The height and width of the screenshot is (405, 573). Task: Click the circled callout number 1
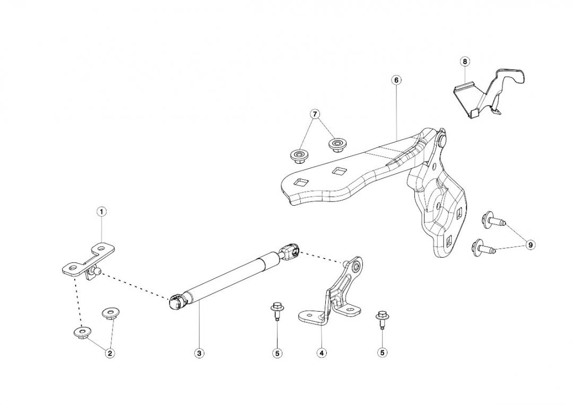click(101, 212)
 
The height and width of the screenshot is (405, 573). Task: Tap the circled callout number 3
click(199, 353)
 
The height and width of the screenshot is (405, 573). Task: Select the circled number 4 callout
click(322, 353)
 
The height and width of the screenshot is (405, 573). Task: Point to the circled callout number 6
click(396, 80)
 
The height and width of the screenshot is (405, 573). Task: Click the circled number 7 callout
click(315, 114)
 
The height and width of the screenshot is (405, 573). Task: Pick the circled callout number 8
click(465, 61)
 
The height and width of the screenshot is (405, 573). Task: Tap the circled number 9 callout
click(531, 244)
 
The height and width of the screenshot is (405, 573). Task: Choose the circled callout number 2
click(110, 353)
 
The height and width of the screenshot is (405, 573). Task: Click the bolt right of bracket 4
click(381, 318)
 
